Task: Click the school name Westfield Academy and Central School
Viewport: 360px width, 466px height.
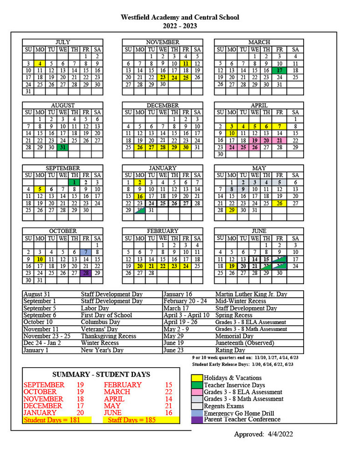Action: click(180, 17)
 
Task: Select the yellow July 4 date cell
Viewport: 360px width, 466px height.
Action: click(40, 63)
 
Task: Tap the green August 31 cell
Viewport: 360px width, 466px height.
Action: click(62, 147)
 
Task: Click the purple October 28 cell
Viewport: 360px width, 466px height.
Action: click(85, 273)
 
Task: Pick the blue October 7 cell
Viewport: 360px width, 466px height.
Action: click(85, 252)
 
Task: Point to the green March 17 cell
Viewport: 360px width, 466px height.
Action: click(279, 70)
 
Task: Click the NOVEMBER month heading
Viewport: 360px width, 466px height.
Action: click(162, 42)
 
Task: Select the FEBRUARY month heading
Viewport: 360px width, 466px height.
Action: click(162, 231)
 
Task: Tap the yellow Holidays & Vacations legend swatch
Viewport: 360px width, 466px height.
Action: click(197, 378)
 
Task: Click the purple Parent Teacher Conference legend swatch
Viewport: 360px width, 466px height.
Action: click(197, 420)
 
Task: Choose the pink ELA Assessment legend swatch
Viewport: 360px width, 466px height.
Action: click(197, 392)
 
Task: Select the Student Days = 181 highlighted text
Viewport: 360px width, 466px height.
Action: click(52, 420)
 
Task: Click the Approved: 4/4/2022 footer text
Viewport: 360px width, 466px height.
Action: click(263, 434)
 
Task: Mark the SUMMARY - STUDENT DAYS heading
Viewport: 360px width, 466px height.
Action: click(101, 374)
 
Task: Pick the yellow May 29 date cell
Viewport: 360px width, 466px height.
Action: click(232, 210)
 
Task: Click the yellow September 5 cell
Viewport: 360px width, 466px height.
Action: click(40, 189)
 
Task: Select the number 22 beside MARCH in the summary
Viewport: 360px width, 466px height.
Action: click(168, 392)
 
